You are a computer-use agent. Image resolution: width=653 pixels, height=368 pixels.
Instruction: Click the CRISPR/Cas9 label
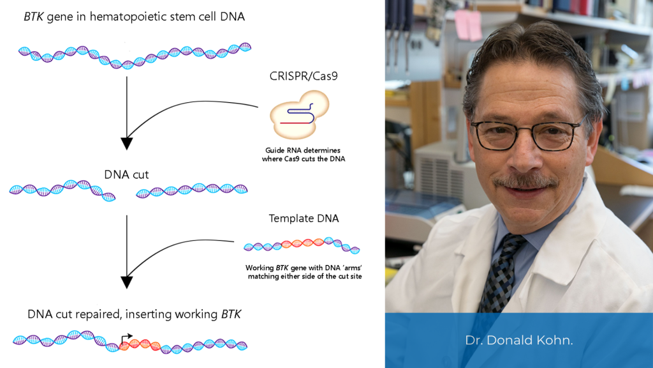[x=298, y=77]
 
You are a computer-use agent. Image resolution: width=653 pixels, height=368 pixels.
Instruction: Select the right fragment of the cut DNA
[x=192, y=190]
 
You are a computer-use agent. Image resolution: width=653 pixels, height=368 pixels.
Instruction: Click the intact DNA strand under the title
[x=134, y=56]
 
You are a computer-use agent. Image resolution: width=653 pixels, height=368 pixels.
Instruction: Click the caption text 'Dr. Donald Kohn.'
[x=518, y=341]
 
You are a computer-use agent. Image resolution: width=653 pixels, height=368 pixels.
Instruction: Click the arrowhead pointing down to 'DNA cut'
[x=128, y=143]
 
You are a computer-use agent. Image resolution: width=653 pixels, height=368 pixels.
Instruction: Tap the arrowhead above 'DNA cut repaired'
[x=128, y=282]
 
